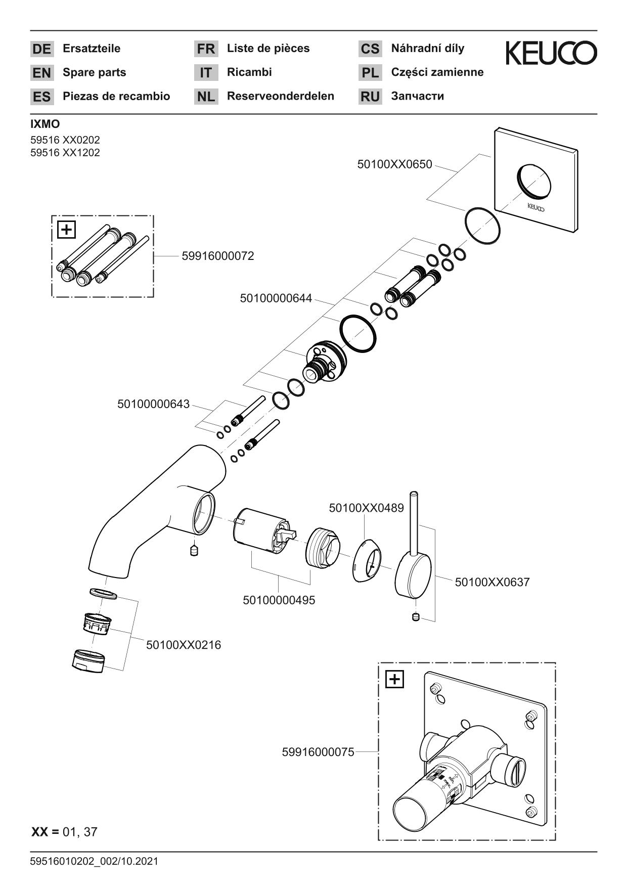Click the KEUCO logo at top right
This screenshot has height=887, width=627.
click(551, 53)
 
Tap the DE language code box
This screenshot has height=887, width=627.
click(41, 49)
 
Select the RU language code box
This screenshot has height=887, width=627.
click(370, 97)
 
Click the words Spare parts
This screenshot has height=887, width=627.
click(94, 72)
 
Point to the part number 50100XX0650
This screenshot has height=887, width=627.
click(394, 164)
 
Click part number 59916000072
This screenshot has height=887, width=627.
click(218, 256)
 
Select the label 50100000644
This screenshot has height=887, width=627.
click(276, 298)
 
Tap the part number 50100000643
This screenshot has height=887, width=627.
click(154, 404)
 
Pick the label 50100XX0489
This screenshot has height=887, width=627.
click(366, 508)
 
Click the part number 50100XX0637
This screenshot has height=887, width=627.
click(492, 582)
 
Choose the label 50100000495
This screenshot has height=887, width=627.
click(279, 600)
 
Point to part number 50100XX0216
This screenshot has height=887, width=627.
click(184, 645)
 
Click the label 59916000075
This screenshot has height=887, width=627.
click(318, 752)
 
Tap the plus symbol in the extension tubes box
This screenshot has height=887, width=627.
click(67, 230)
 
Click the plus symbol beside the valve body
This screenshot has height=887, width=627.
click(394, 679)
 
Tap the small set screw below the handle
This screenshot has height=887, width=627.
click(416, 617)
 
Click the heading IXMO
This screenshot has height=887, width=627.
click(45, 124)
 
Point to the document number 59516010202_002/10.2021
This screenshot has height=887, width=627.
click(94, 861)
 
